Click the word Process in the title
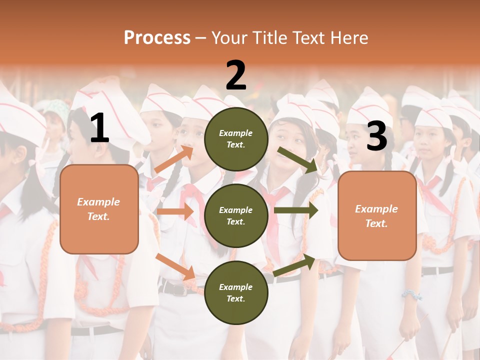157,38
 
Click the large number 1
99,128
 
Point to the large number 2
236,75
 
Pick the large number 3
376,136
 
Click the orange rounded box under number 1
99,209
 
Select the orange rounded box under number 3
377,215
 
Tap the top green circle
236,139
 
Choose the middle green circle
236,215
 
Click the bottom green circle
236,292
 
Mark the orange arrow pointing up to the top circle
174,159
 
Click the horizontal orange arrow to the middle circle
175,211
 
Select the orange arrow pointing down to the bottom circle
175,266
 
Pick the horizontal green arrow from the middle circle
296,210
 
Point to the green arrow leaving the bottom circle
295,265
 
